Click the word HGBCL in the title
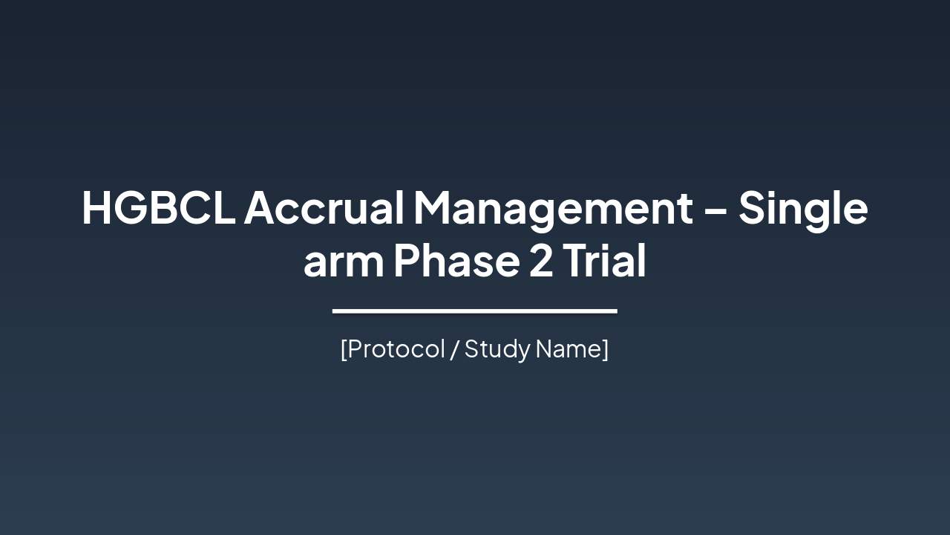pyautogui.click(x=158, y=208)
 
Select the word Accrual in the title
pyautogui.click(x=324, y=208)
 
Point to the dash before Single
pyautogui.click(x=715, y=210)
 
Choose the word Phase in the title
pyautogui.click(x=456, y=262)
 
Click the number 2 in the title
pyautogui.click(x=541, y=262)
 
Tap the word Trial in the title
pyautogui.click(x=604, y=262)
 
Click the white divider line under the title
pyautogui.click(x=475, y=311)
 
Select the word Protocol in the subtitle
pyautogui.click(x=396, y=348)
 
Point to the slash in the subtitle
pyautogui.click(x=454, y=349)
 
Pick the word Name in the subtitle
pyautogui.click(x=568, y=348)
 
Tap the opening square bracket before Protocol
pyautogui.click(x=344, y=349)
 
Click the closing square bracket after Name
pyautogui.click(x=606, y=349)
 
